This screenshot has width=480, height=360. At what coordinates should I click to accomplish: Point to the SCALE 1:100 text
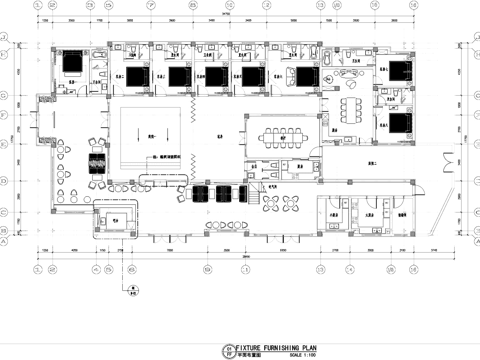(290, 353)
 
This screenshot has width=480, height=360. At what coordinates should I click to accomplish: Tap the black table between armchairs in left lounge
(99, 163)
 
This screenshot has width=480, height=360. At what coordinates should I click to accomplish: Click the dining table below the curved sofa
(352, 107)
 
